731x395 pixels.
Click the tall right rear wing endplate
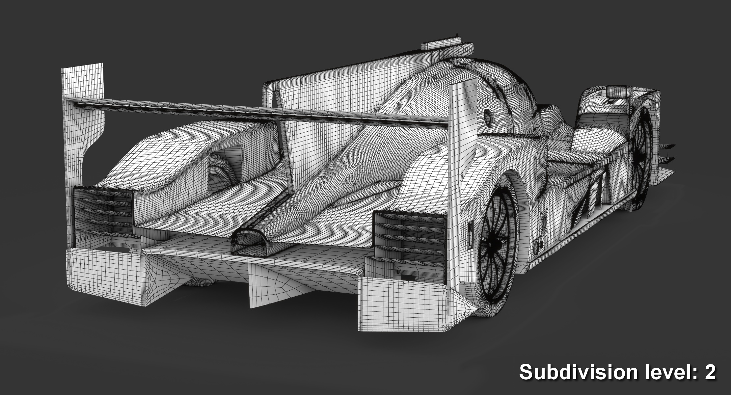click(x=463, y=184)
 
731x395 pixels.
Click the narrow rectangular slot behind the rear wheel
click(x=471, y=235)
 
